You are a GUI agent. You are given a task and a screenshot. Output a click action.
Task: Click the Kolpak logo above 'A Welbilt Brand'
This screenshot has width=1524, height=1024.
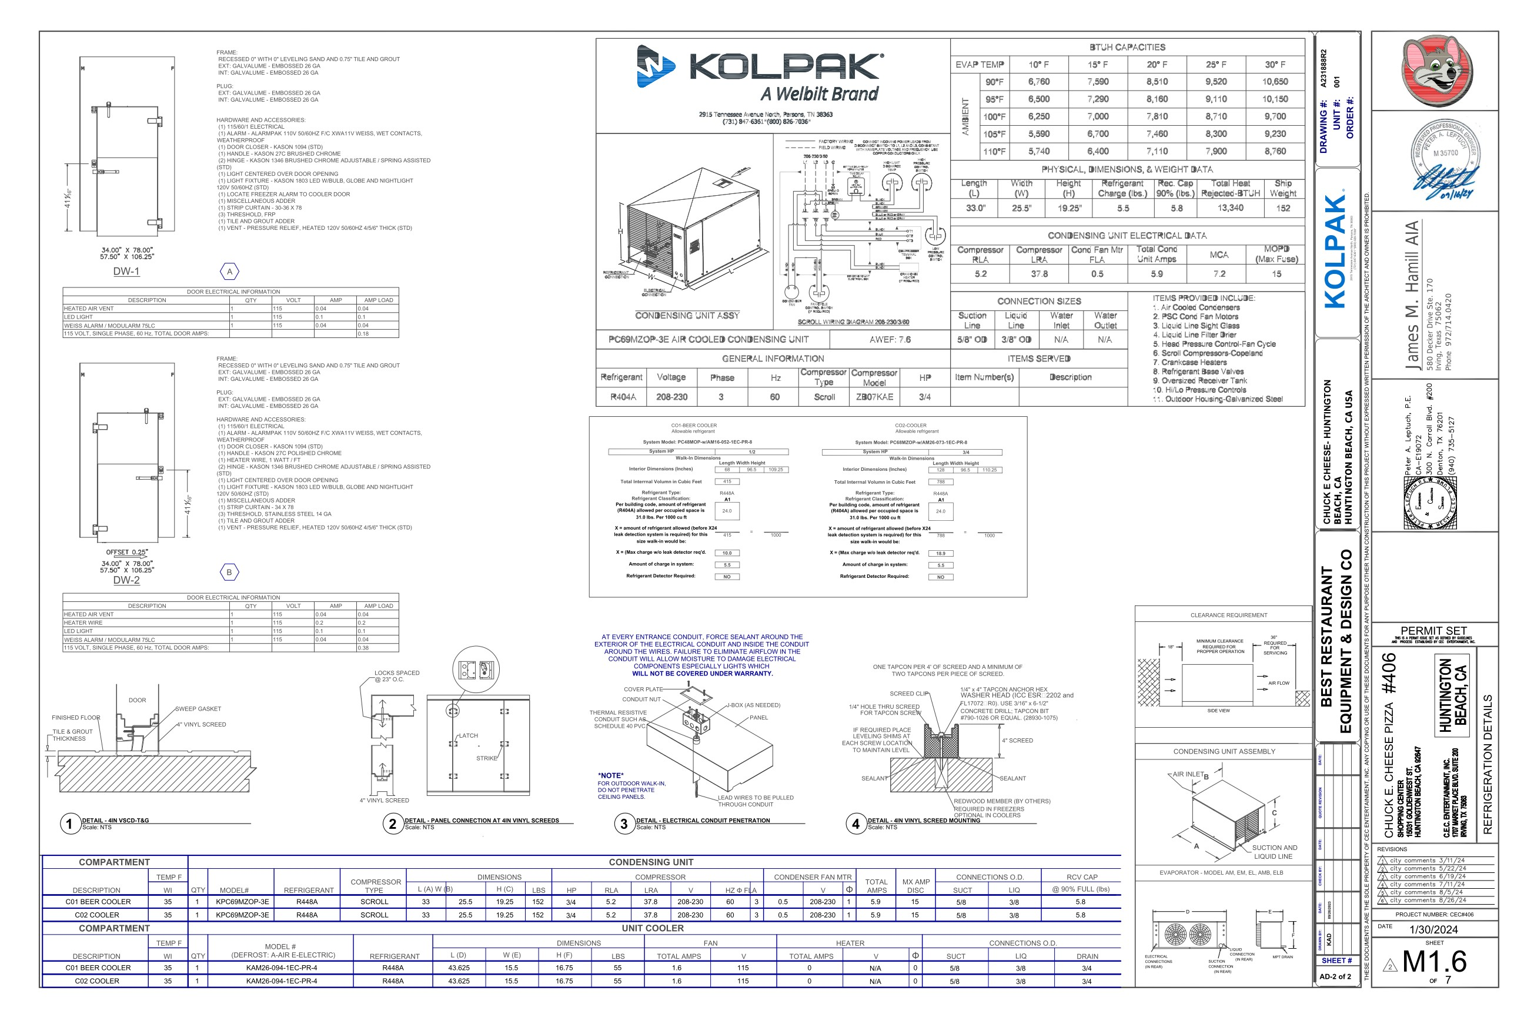pyautogui.click(x=760, y=66)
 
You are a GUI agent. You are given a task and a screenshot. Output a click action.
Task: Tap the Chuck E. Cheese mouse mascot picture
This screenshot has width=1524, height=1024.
pyautogui.click(x=1434, y=71)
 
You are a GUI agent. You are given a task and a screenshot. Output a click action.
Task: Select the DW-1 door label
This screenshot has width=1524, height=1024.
pyautogui.click(x=126, y=272)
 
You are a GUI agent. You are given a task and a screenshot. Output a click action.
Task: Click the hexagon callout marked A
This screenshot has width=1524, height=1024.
pyautogui.click(x=229, y=272)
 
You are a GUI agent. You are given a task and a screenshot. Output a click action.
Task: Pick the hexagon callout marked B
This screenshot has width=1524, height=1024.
pyautogui.click(x=229, y=573)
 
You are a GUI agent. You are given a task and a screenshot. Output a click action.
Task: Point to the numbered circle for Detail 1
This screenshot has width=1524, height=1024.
pyautogui.click(x=69, y=824)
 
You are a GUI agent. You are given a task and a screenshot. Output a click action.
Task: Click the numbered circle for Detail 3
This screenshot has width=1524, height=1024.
pyautogui.click(x=624, y=824)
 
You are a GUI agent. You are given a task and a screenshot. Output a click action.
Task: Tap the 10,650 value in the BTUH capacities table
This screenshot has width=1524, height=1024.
pyautogui.click(x=1275, y=82)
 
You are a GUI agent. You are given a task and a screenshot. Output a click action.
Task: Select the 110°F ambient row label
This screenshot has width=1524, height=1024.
pyautogui.click(x=994, y=152)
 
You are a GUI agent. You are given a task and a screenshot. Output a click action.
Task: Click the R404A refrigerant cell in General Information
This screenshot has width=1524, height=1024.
pyautogui.click(x=623, y=397)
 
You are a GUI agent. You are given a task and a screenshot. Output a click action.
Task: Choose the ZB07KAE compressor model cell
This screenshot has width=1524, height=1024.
pyautogui.click(x=874, y=397)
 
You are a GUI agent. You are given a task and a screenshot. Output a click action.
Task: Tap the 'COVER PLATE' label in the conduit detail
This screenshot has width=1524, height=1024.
pyautogui.click(x=643, y=690)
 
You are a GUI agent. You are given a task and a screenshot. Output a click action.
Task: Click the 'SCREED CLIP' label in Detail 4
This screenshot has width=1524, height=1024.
pyautogui.click(x=908, y=694)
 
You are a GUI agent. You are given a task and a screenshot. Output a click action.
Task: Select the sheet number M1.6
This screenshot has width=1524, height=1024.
pyautogui.click(x=1434, y=962)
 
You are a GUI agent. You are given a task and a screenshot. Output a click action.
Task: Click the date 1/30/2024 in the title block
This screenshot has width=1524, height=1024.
pyautogui.click(x=1434, y=930)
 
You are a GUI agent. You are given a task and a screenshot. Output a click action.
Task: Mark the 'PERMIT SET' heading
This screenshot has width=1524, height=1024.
pyautogui.click(x=1434, y=631)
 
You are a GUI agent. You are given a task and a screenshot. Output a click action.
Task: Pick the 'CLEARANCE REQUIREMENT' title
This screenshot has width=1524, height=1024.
pyautogui.click(x=1228, y=615)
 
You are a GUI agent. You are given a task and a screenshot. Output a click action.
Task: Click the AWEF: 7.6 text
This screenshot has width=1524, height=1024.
pyautogui.click(x=890, y=340)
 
